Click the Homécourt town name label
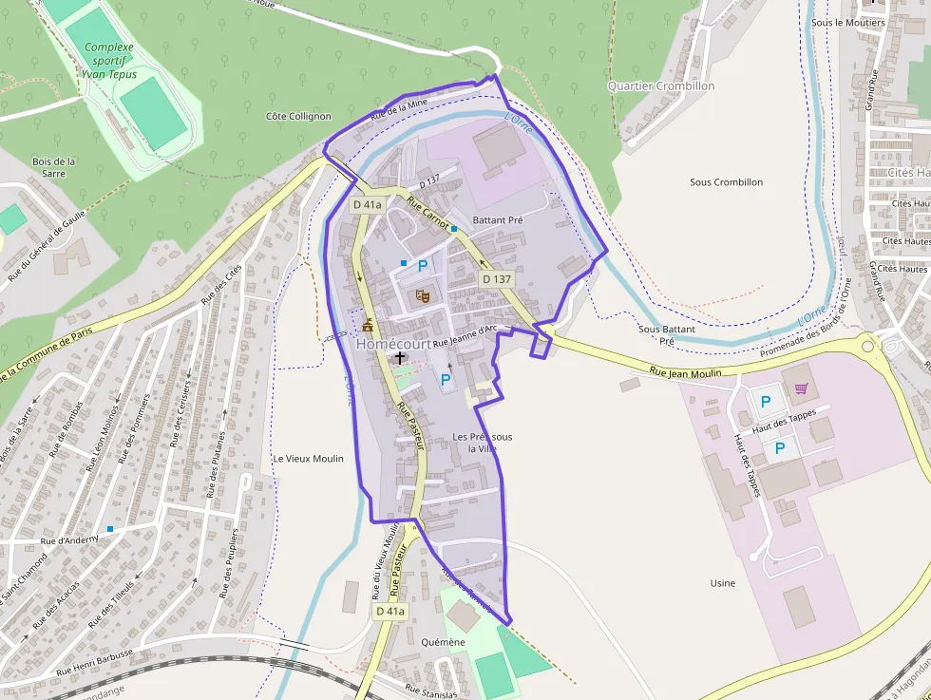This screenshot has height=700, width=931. [x=393, y=344]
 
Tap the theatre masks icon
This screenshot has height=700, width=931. [x=423, y=296]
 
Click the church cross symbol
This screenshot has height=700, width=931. [x=400, y=358]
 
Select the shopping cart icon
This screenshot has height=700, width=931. [x=801, y=388]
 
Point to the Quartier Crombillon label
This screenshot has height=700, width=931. [x=661, y=85]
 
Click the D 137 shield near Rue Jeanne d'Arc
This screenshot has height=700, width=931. [x=497, y=279]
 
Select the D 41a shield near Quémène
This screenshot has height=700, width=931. [x=390, y=611]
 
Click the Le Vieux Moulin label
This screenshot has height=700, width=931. [x=308, y=458]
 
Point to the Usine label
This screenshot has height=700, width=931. [x=723, y=582]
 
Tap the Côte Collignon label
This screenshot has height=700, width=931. [x=298, y=116]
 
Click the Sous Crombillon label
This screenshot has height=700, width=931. [x=726, y=181]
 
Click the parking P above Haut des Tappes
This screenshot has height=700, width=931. [x=766, y=402]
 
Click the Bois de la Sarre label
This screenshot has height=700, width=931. [x=54, y=167]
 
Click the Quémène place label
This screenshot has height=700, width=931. [x=443, y=642]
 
